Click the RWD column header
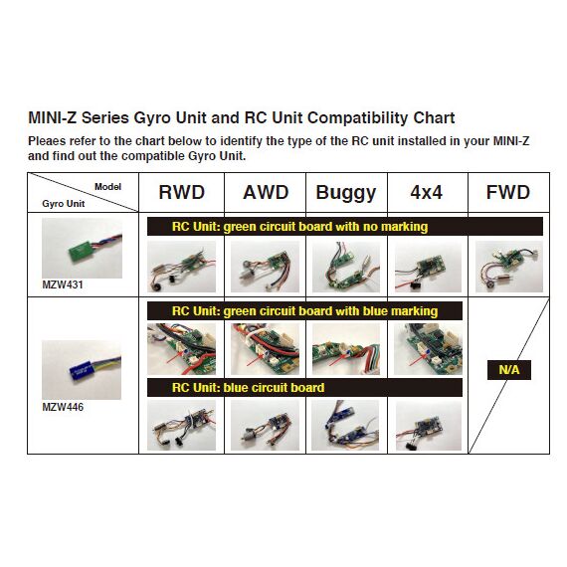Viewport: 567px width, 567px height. click(x=181, y=192)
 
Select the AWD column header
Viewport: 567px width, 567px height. click(x=266, y=192)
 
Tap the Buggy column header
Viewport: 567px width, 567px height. click(x=346, y=193)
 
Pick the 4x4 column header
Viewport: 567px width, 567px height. click(x=427, y=192)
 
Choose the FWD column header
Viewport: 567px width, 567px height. click(x=508, y=192)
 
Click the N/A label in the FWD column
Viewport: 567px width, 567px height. click(x=509, y=370)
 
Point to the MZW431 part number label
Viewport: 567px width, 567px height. click(x=63, y=284)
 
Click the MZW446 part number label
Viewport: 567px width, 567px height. click(x=63, y=407)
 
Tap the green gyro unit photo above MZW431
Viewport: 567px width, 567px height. click(x=83, y=248)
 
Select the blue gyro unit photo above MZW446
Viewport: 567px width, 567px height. click(x=82, y=370)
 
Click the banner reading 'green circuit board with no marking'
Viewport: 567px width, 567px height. click(x=344, y=227)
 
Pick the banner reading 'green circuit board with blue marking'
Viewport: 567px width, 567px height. click(x=304, y=311)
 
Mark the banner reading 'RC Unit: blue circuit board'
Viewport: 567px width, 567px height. click(x=304, y=388)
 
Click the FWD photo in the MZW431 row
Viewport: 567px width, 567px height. click(x=509, y=267)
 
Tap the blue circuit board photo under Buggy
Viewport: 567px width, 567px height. click(x=345, y=425)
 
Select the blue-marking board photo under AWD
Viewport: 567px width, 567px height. click(x=265, y=349)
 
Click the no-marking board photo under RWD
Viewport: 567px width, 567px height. click(x=181, y=267)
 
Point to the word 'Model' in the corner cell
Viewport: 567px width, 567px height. click(x=107, y=187)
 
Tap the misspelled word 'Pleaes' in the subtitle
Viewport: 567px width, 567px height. click(x=47, y=140)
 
